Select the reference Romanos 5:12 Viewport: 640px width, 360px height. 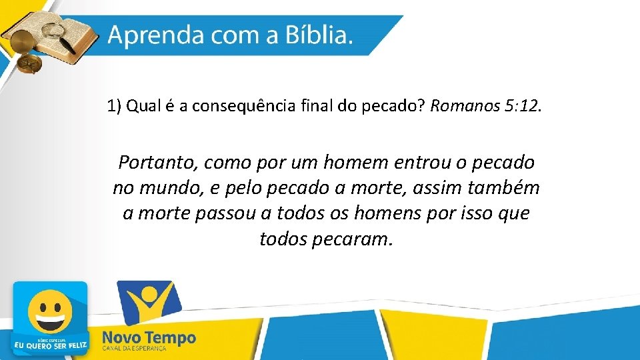pos(487,106)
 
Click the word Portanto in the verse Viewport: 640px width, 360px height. pos(158,163)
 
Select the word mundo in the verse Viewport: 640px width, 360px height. pos(173,188)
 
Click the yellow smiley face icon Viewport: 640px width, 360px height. pos(50,313)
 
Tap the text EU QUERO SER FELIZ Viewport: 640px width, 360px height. pos(50,345)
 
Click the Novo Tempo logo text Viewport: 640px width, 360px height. pos(149,338)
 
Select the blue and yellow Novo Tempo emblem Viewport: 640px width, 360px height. pos(148,303)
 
